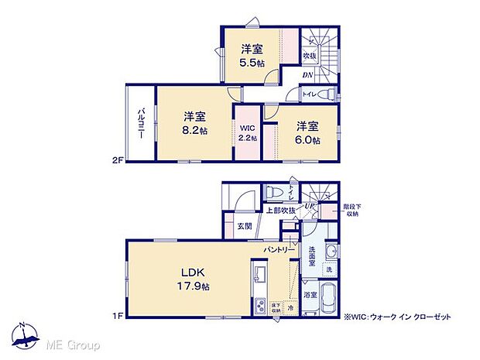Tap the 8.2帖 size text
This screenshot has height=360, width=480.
[195, 131]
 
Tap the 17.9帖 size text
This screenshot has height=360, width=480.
[197, 286]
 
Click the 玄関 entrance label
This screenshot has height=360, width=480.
[235, 226]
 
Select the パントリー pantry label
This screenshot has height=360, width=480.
[279, 250]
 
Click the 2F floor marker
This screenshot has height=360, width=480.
[116, 160]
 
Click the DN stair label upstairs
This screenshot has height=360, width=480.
[307, 74]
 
